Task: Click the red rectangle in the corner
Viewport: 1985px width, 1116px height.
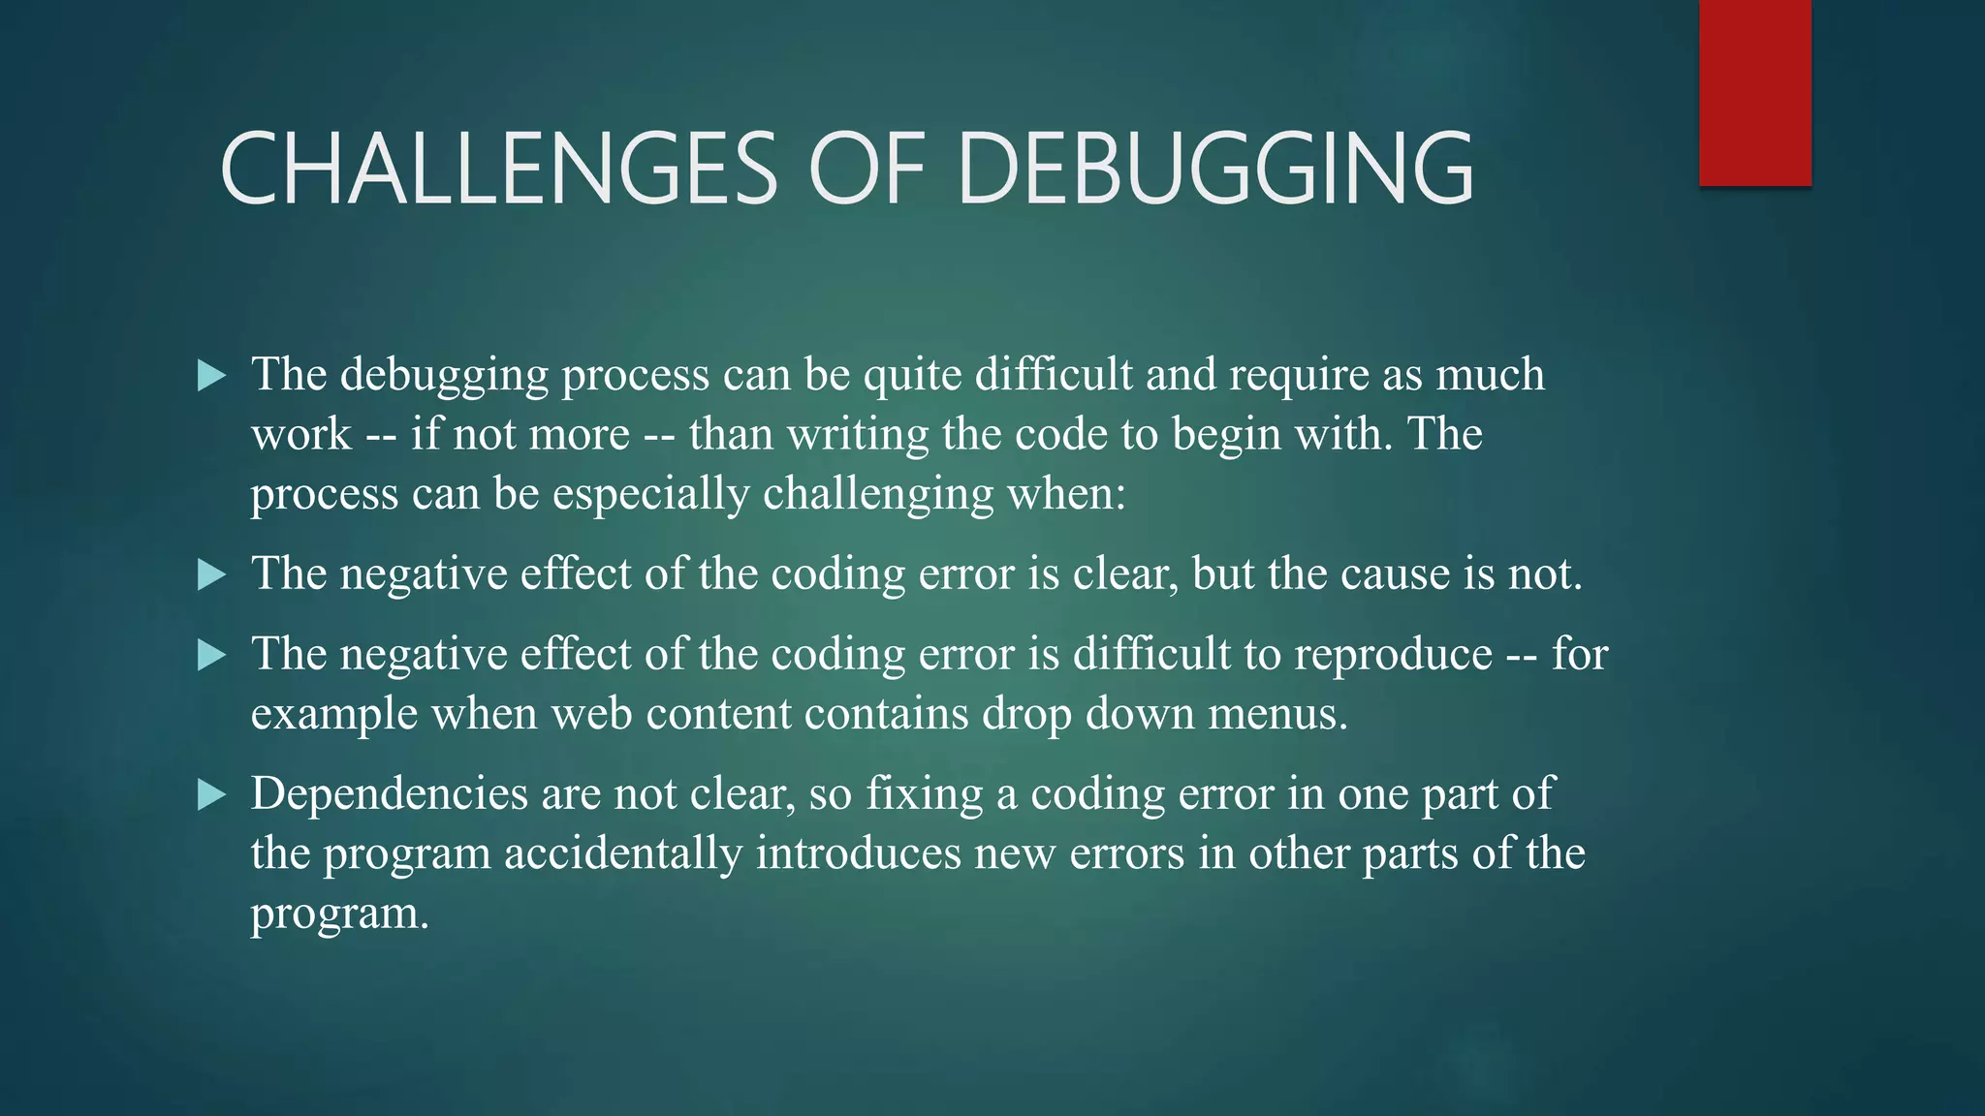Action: tap(1754, 93)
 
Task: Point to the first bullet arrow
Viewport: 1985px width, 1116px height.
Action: tap(210, 376)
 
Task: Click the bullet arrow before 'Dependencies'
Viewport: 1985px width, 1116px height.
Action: tap(210, 795)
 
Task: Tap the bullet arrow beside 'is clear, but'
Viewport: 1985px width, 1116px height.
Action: tap(210, 575)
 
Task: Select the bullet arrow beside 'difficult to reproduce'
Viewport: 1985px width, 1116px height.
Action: tap(210, 656)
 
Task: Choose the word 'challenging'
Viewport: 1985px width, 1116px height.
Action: tap(878, 495)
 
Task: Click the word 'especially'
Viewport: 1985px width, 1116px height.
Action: tap(650, 495)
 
